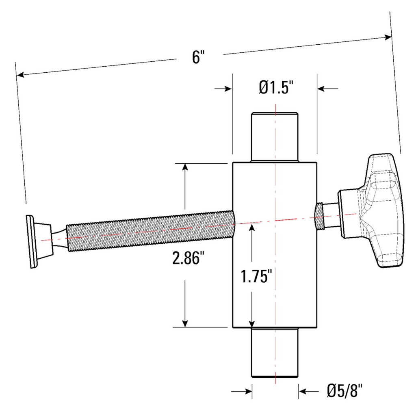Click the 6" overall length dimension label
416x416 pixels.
[x=197, y=56]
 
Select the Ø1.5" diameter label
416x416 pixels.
[x=276, y=87]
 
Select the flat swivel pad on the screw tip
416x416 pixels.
[x=31, y=241]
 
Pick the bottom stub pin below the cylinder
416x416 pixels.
[x=275, y=352]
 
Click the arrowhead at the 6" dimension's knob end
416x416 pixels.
[x=388, y=37]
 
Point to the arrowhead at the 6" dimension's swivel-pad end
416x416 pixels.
[x=20, y=75]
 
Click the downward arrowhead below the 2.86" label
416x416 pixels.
[x=185, y=323]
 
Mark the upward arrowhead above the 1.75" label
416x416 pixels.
[x=252, y=227]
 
